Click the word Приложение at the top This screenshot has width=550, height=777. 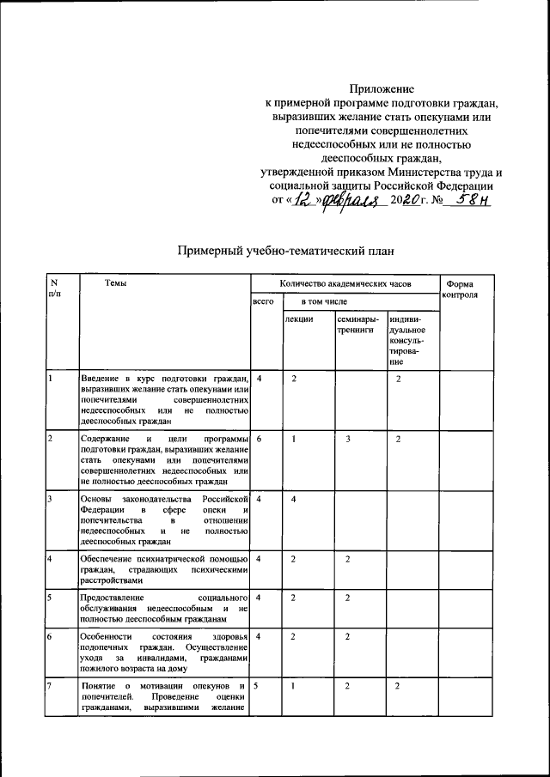click(382, 88)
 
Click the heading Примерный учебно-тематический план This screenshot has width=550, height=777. click(286, 251)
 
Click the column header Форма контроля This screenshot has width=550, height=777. click(466, 289)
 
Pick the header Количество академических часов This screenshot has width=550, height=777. click(345, 283)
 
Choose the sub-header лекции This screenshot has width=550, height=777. click(299, 319)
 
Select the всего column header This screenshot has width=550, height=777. click(263, 302)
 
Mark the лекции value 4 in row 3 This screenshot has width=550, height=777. click(294, 499)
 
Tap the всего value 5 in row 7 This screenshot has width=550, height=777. click(257, 686)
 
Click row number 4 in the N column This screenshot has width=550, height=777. click(51, 559)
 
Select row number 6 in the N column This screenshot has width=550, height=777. click(51, 636)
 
